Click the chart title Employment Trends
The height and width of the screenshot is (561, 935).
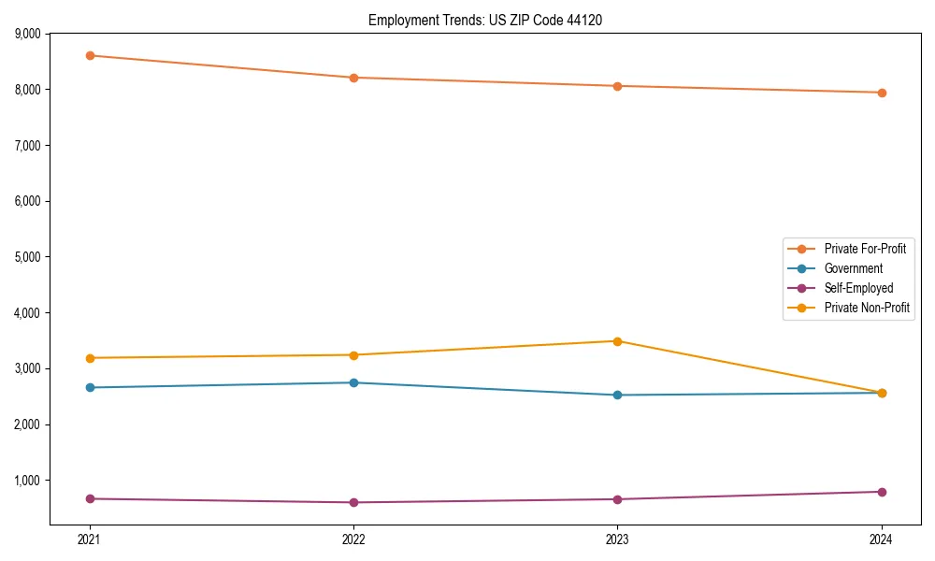(x=491, y=20)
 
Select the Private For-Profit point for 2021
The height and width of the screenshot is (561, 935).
(x=90, y=55)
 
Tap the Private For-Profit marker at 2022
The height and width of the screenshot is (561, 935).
(x=353, y=78)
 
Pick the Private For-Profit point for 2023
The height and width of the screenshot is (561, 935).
(x=617, y=86)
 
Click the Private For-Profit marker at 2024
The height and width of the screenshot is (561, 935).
(x=882, y=93)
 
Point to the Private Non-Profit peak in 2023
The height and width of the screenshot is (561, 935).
(x=617, y=341)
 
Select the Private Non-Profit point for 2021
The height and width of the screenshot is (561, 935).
(x=90, y=358)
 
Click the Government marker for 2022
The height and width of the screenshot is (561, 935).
(x=353, y=382)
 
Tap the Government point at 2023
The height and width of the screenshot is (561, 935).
(x=617, y=395)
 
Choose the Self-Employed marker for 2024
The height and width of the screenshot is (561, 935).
(x=882, y=492)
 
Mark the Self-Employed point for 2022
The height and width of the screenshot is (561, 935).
(x=353, y=502)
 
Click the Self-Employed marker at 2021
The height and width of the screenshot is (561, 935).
(x=90, y=498)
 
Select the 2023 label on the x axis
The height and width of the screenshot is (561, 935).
(x=617, y=539)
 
